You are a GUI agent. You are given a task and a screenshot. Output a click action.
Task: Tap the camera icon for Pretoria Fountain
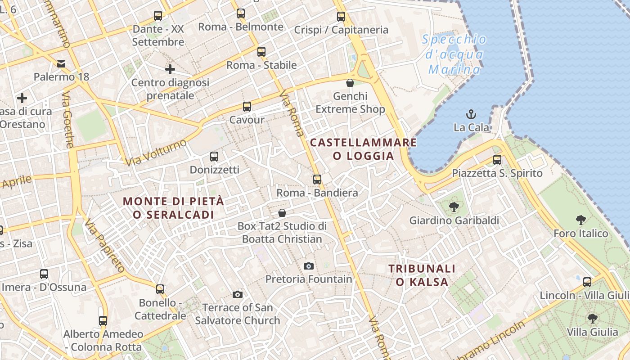point(308,266)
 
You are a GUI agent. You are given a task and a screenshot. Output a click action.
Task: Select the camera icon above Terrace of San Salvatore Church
point(238,294)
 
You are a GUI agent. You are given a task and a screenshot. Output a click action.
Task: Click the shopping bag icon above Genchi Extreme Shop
point(350,83)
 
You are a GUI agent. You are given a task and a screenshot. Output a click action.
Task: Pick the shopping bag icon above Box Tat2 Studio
point(282,212)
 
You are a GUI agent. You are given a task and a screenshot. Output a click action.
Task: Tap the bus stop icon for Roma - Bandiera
point(317,179)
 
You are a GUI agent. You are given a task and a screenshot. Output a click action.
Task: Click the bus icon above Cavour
point(247,107)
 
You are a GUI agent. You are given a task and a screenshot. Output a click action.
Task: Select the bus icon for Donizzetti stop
point(214,157)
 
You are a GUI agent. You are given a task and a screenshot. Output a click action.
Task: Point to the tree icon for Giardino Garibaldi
point(454,207)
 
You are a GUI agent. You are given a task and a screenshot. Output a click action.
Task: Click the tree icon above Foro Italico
point(581,220)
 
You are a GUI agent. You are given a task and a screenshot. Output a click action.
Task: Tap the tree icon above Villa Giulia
point(592,319)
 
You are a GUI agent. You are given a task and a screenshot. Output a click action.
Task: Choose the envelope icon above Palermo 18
point(61,63)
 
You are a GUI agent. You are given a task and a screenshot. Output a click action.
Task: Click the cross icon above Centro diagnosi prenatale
point(170,69)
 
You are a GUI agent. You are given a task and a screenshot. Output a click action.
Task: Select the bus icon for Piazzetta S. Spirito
point(497,160)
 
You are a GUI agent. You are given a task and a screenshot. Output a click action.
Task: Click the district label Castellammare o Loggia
point(363,149)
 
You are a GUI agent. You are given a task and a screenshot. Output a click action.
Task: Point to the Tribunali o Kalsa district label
point(422,275)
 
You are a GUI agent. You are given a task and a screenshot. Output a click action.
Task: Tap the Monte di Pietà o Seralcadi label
point(173,208)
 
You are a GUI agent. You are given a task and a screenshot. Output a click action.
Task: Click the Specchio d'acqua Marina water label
point(454,54)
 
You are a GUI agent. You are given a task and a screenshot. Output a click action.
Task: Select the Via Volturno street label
point(156,153)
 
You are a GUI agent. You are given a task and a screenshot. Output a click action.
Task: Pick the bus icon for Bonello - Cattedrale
point(160,289)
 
